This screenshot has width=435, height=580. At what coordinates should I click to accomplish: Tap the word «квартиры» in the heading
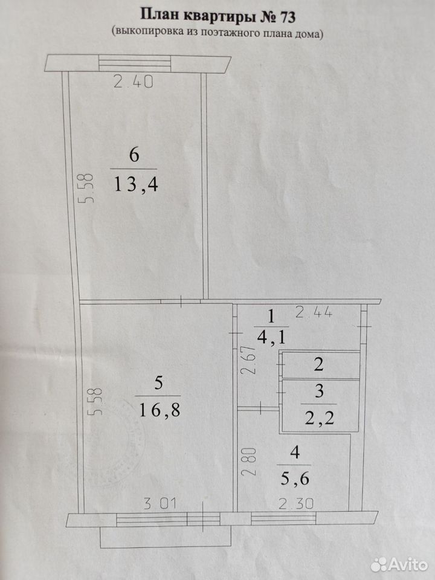click(x=213, y=17)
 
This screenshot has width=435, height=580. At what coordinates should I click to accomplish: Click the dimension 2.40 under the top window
click(x=133, y=82)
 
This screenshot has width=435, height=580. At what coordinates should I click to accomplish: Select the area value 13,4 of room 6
click(x=136, y=184)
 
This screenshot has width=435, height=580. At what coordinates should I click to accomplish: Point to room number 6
click(x=134, y=155)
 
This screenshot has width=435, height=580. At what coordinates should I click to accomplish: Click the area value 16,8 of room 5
click(x=159, y=410)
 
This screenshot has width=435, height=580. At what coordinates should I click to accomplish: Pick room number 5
click(x=158, y=382)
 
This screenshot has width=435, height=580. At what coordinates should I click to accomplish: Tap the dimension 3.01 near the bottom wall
click(x=160, y=504)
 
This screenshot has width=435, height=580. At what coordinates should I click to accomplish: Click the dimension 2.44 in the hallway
click(x=314, y=313)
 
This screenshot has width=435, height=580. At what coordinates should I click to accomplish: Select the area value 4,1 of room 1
click(x=271, y=337)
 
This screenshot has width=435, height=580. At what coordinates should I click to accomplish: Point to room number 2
click(x=318, y=365)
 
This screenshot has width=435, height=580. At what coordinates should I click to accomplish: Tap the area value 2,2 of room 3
click(x=319, y=418)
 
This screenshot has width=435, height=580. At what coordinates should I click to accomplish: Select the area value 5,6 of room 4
click(x=294, y=479)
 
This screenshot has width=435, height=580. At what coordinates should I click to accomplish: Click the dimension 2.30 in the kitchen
click(x=296, y=504)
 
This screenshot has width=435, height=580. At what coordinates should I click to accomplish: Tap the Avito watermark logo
click(x=399, y=565)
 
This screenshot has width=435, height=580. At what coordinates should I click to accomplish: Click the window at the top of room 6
click(x=135, y=63)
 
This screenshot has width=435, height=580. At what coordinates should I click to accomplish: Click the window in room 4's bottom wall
click(x=284, y=518)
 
